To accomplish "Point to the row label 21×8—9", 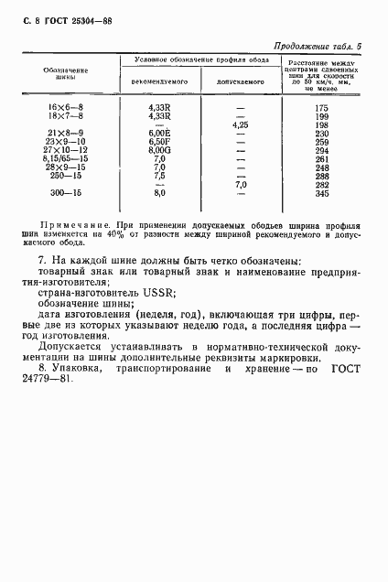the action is [65, 134].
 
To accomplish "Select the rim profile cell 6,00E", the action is [161, 134].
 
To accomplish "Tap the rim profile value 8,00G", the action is [161, 150].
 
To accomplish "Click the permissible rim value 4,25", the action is [241, 124].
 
